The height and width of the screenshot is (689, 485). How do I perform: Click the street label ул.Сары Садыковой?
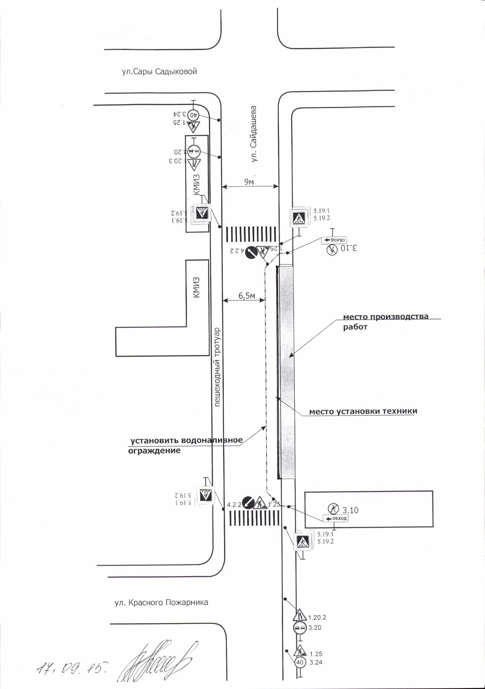(x=159, y=72)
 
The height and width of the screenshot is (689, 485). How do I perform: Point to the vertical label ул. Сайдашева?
(x=254, y=134)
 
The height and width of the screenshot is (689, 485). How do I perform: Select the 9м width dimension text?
(x=249, y=181)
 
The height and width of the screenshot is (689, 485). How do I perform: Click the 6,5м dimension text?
(x=247, y=296)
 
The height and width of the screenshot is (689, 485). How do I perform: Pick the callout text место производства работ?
(x=385, y=322)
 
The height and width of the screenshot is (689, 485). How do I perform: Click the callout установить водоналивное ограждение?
(x=186, y=445)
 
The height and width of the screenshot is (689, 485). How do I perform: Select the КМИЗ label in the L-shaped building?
(x=196, y=287)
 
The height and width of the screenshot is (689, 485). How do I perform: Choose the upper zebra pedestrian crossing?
(x=251, y=234)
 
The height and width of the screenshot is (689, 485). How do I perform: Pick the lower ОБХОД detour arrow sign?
(x=335, y=518)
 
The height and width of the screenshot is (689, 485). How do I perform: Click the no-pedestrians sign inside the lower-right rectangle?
(x=333, y=508)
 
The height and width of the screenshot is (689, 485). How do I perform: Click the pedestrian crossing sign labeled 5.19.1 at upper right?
(x=299, y=217)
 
